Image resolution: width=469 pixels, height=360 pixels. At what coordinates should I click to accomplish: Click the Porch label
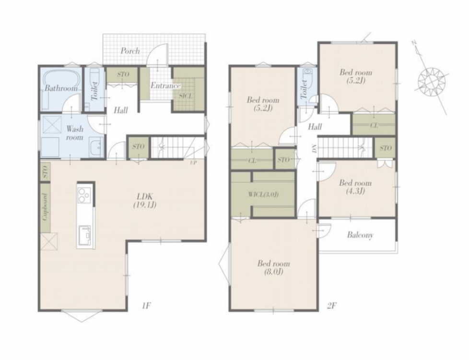130,51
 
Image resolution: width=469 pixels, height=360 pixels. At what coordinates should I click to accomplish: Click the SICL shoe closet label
186,96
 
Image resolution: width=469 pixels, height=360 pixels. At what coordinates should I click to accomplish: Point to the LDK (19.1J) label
145,201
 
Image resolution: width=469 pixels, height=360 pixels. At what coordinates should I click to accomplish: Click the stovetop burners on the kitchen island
84,195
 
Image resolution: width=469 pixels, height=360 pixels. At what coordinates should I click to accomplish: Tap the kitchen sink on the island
86,235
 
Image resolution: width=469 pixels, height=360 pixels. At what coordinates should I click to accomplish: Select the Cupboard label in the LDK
45,207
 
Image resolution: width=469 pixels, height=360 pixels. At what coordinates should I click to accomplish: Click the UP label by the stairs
193,163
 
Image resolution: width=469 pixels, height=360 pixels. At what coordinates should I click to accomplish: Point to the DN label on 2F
314,148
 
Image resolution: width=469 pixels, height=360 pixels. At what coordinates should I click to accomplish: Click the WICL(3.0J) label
263,194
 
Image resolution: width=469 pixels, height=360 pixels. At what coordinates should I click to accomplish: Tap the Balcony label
360,235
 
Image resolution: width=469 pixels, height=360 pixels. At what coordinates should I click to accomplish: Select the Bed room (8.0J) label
274,267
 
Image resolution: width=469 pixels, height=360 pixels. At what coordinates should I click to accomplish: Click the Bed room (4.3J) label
355,187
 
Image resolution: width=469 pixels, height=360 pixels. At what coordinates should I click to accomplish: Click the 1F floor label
146,306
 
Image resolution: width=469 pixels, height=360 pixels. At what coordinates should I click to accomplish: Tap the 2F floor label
332,306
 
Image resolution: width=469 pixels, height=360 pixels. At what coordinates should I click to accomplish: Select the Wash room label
74,133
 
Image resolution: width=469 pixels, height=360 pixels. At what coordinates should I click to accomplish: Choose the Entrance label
165,85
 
